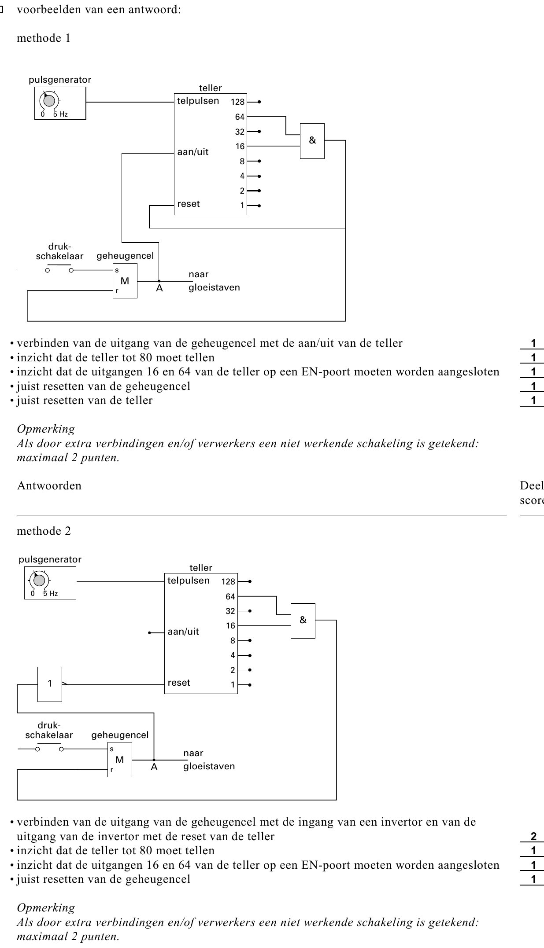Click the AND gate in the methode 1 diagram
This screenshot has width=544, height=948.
[312, 140]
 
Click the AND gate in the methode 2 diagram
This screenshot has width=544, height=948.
[303, 620]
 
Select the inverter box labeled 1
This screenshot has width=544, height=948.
[50, 684]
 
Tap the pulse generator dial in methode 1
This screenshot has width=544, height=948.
[49, 101]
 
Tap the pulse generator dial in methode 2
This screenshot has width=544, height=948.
[39, 581]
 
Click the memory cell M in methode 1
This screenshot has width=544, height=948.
[125, 281]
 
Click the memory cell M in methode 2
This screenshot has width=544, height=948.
[120, 760]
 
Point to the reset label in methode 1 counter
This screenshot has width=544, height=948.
[189, 204]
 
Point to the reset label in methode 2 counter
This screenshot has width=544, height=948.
[179, 683]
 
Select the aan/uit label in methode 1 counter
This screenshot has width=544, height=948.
[193, 152]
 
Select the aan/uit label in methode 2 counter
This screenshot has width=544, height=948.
[183, 632]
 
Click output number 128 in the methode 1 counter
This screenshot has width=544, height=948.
[237, 102]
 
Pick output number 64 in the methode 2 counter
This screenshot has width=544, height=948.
[230, 597]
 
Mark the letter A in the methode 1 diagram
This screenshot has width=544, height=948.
[159, 289]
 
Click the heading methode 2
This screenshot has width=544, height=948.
[44, 531]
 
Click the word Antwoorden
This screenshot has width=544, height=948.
[49, 486]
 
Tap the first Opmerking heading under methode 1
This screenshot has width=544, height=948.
[46, 429]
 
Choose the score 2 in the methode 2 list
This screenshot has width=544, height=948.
[533, 836]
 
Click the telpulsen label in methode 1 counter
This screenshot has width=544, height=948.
[198, 101]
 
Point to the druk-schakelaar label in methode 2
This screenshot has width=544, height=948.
[49, 730]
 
